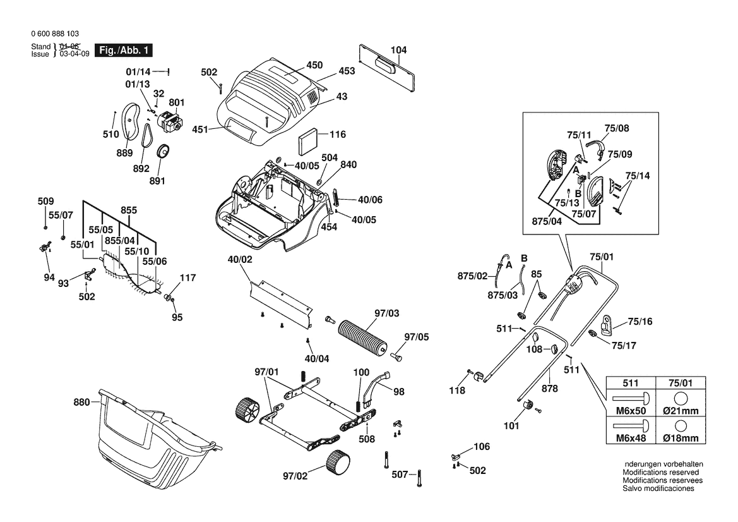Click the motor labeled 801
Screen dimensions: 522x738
tap(169, 121)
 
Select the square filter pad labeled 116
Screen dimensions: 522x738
tap(306, 141)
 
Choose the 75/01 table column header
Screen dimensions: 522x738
tap(681, 382)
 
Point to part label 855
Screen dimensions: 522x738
tap(129, 210)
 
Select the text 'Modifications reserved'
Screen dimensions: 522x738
tap(660, 472)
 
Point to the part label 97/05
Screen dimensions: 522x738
tap(416, 337)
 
